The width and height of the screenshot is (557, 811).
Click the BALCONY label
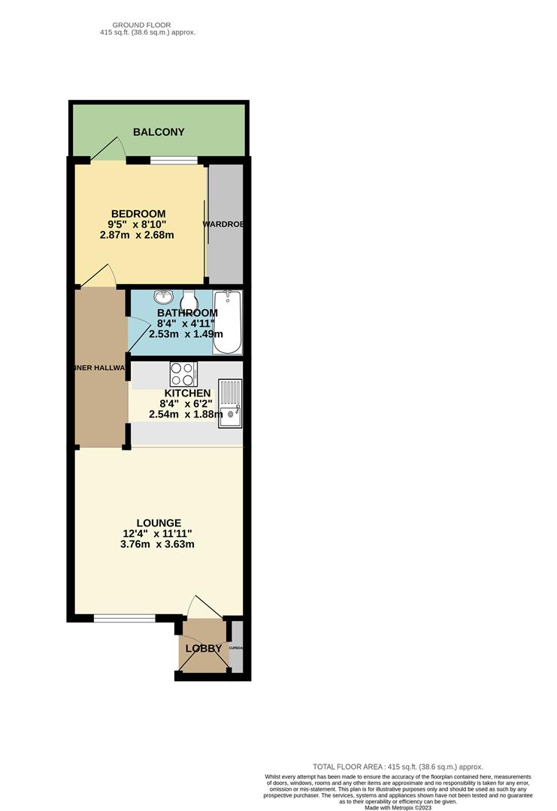[159, 132]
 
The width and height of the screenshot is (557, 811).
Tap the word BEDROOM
[138, 214]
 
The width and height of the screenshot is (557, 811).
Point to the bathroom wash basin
[163, 297]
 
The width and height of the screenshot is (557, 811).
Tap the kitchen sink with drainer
[230, 403]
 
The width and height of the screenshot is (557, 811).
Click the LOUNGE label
[159, 523]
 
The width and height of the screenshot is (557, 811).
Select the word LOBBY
[204, 648]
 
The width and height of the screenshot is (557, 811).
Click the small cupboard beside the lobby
[237, 647]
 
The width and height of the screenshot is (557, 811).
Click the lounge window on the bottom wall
[125, 618]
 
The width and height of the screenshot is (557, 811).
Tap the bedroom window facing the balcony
[174, 159]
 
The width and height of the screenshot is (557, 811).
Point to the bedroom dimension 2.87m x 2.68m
[137, 235]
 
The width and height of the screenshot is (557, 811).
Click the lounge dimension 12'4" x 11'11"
[159, 534]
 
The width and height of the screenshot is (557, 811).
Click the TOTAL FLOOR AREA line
[398, 766]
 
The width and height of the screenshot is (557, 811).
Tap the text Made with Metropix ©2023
[398, 807]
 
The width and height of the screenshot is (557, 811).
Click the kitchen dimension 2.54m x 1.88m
[186, 414]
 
